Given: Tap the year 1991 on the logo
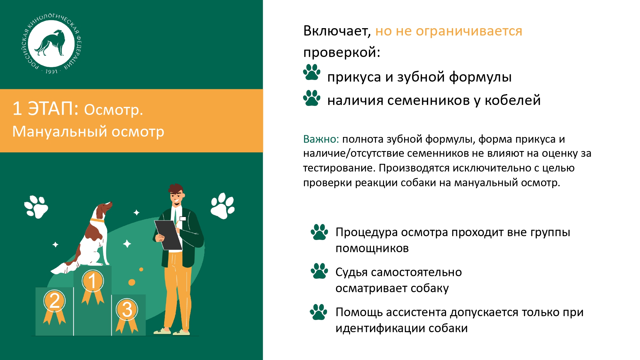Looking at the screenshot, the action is (52, 72).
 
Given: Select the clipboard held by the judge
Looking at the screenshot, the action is (168, 235).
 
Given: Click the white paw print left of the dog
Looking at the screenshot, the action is (36, 207).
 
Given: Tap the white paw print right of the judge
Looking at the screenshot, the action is (223, 206).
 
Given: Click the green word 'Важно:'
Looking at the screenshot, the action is (321, 139).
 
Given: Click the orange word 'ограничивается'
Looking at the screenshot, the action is (469, 31).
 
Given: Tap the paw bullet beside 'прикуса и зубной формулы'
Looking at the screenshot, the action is (312, 72).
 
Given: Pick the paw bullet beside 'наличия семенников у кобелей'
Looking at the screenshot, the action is (312, 98).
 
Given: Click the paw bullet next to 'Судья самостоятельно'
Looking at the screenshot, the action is (319, 271).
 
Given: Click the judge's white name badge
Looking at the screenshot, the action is (183, 219).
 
